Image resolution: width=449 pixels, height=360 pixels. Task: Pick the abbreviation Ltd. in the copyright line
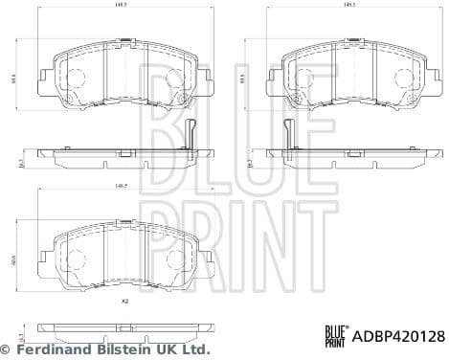click(x=196, y=350)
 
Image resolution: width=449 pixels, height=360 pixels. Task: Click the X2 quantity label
click(x=123, y=302)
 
